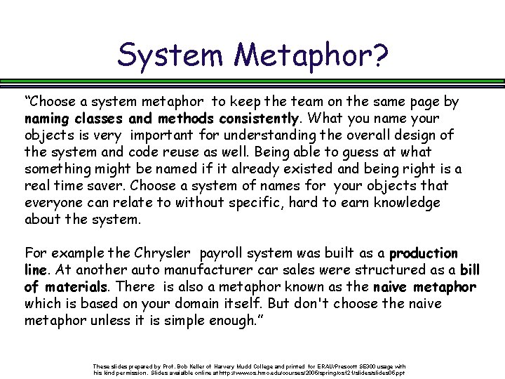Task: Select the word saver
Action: [x=105, y=186]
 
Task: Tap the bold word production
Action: [x=424, y=253]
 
